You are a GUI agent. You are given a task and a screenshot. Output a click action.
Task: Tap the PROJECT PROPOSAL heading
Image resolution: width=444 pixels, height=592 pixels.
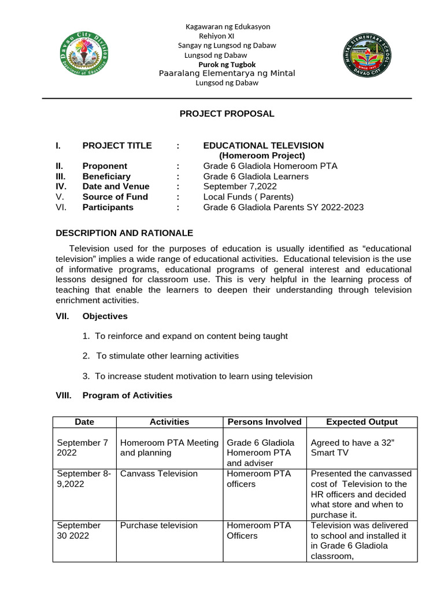click(227, 114)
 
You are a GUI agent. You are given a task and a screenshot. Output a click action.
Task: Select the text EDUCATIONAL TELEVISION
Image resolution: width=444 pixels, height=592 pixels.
click(263, 146)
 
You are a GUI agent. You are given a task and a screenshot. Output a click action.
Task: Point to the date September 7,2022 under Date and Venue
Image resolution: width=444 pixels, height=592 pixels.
click(240, 186)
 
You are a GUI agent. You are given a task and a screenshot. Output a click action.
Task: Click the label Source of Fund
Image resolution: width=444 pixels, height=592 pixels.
click(115, 197)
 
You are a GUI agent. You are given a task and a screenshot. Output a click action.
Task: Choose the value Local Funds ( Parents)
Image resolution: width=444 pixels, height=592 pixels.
click(249, 197)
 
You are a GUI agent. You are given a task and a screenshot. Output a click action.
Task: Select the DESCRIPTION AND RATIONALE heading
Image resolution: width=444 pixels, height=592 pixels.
click(124, 233)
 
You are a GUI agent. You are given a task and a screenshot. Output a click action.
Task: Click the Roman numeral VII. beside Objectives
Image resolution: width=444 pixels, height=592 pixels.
click(62, 316)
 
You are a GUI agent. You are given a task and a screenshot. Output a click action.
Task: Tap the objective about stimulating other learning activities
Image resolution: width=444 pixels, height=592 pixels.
click(167, 356)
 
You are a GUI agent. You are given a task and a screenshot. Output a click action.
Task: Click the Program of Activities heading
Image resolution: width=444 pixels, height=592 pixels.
click(127, 395)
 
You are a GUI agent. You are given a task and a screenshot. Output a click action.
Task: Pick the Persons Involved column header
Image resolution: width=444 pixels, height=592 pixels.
click(265, 422)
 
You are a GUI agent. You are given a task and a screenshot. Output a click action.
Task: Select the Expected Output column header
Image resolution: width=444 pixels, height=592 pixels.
click(362, 422)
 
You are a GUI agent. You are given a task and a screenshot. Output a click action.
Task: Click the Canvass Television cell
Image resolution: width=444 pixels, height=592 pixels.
click(151, 473)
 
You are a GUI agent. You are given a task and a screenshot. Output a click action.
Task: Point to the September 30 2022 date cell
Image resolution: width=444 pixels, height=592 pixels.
click(79, 531)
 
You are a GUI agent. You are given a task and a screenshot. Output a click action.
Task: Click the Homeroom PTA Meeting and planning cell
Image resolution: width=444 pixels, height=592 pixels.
click(169, 448)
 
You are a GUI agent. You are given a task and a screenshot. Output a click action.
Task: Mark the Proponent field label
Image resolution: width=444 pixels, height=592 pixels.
click(105, 166)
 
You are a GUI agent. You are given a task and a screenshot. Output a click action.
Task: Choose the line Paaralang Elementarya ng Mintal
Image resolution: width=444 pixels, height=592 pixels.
click(227, 73)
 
